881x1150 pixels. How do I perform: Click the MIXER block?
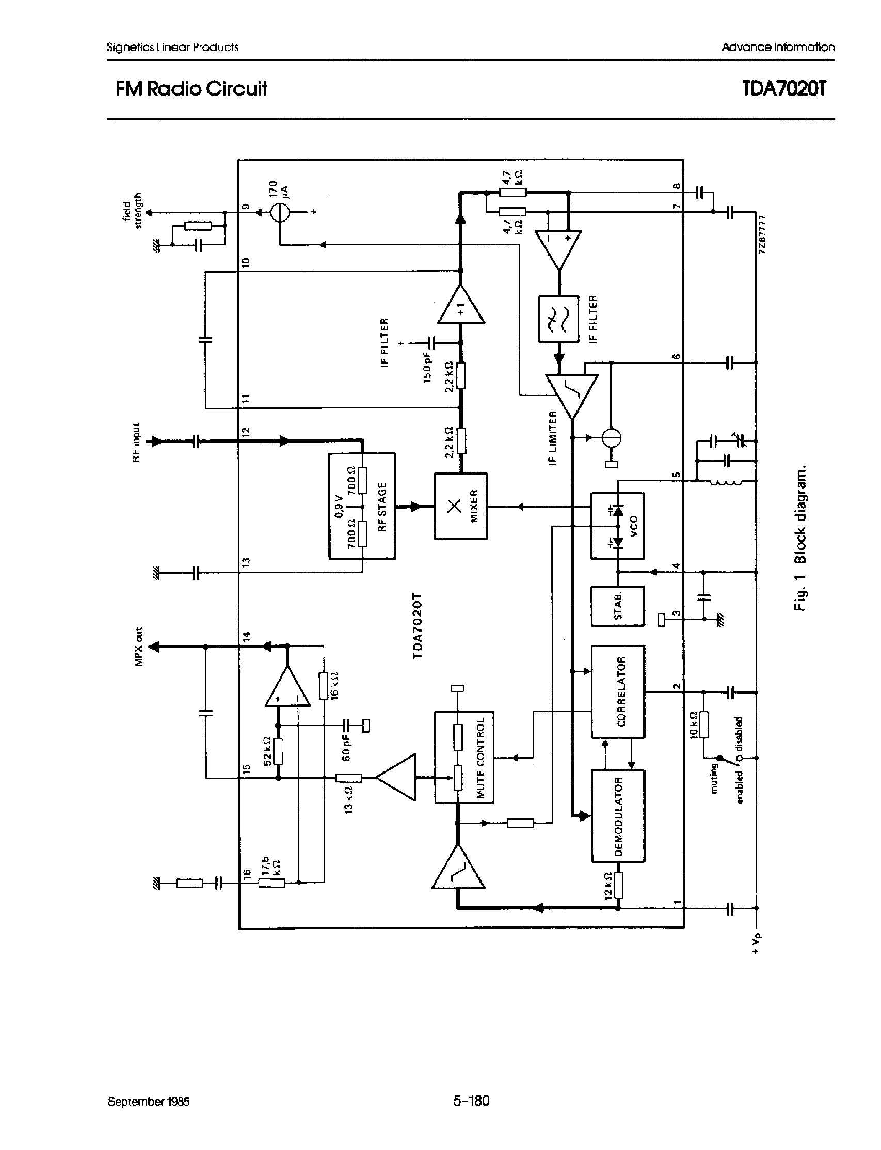[x=460, y=506]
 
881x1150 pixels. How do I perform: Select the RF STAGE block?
[x=361, y=506]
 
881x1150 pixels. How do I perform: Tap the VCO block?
[x=617, y=525]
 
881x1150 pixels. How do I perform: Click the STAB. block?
[x=617, y=606]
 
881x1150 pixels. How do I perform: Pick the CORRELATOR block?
[x=618, y=691]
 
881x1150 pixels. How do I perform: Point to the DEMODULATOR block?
[x=618, y=816]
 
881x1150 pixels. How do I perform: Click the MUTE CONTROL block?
[x=463, y=757]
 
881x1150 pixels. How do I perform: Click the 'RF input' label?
[x=137, y=442]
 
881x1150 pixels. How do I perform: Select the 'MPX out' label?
[x=138, y=647]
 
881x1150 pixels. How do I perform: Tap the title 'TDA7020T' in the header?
[x=784, y=89]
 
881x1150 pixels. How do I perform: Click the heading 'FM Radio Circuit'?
[x=191, y=89]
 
